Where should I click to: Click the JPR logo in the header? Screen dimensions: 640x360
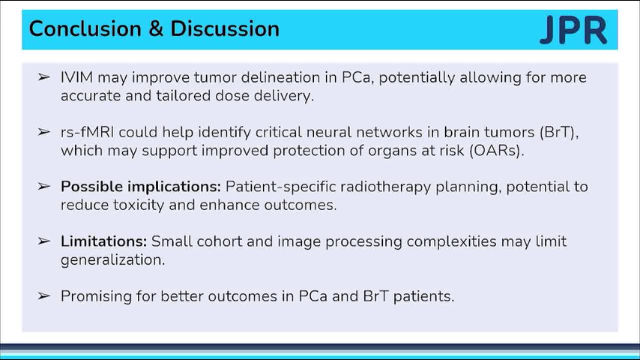573,30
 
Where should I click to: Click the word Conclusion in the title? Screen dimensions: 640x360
85,29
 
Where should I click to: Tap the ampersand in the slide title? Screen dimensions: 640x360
156,29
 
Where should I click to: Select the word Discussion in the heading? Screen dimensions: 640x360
225,29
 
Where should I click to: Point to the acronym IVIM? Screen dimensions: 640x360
76,77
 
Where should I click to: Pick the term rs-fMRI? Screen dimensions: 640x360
88,132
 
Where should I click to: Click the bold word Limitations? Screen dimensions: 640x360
103,241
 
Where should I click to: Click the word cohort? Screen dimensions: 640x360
220,241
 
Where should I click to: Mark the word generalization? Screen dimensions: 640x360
112,260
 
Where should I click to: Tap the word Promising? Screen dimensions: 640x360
97,296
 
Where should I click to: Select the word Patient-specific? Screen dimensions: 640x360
281,187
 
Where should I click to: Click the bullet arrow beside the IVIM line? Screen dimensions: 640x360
44,76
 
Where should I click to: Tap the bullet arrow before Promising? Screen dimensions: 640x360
44,295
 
